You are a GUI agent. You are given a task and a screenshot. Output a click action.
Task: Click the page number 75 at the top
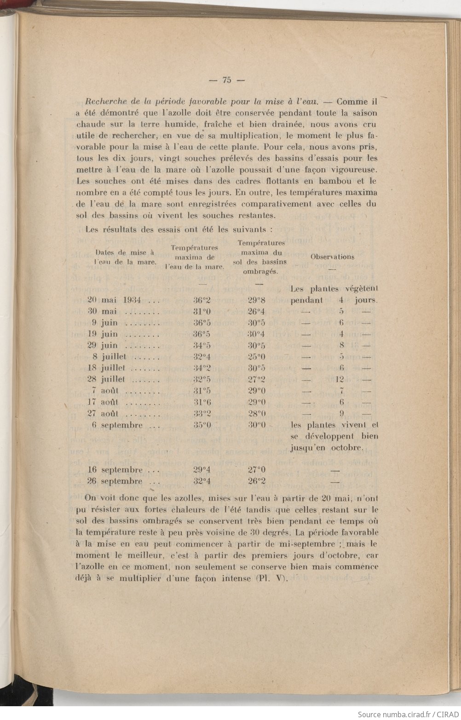tap(227, 79)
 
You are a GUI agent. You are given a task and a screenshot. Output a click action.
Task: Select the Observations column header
tap(332, 257)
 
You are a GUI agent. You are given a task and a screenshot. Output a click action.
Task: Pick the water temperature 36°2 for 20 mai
tap(202, 301)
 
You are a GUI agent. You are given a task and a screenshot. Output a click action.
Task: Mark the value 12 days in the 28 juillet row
tap(340, 380)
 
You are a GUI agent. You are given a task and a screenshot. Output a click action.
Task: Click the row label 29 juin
tap(105, 346)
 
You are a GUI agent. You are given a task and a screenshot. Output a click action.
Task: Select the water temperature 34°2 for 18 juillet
tap(202, 368)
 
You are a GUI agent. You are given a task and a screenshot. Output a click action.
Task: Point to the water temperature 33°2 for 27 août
tap(202, 413)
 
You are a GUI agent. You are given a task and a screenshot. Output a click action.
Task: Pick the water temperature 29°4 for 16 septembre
tap(202, 470)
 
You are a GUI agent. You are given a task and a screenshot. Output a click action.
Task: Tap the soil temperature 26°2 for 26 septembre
tap(256, 481)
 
